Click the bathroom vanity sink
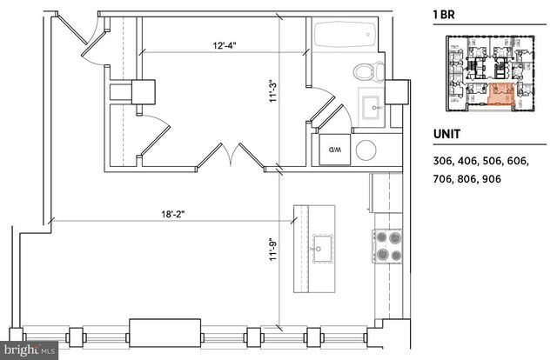point(377,109)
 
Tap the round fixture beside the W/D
point(366,150)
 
